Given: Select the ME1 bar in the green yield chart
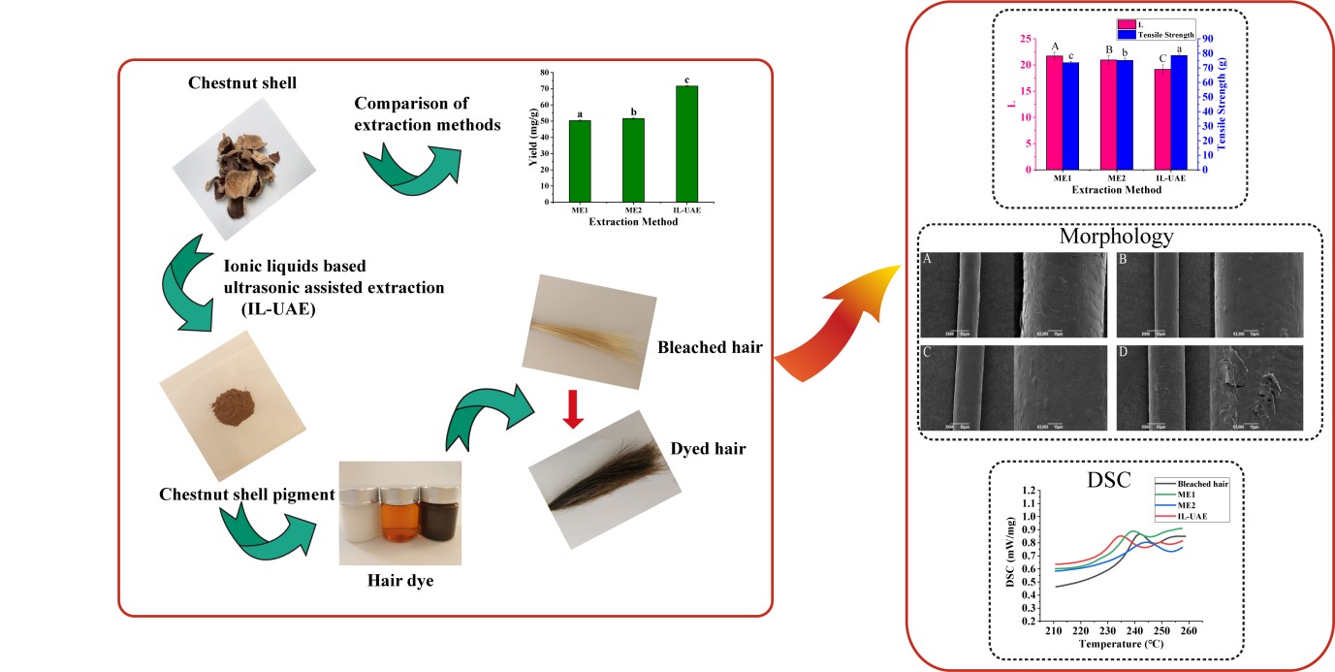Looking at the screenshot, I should click(580, 161).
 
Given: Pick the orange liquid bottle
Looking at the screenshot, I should click(397, 524).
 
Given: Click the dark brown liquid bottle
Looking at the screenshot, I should click(435, 524).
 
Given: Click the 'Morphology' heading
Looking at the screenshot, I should click(1116, 237).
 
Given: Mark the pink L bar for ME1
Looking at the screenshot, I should click(1053, 112).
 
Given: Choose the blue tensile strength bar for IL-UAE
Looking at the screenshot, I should click(1179, 112).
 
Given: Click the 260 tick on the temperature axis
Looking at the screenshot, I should click(1190, 630).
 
